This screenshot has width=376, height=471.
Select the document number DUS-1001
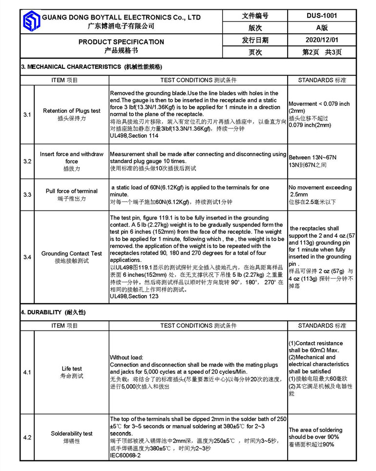322,16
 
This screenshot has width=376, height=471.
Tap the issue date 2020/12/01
322,40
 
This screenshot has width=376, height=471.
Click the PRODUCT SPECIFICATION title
121,42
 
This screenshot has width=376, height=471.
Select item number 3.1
27,115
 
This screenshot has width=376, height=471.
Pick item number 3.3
27,195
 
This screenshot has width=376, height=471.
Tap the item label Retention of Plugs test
72,111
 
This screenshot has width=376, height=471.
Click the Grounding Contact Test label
72,253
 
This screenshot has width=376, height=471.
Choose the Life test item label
72,369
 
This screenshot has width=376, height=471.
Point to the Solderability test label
72,433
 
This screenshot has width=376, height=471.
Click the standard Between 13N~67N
313,158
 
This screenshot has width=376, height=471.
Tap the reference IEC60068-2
125,455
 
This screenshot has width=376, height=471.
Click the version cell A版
322,28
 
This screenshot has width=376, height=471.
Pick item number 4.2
27,438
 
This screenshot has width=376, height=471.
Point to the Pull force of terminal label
72,191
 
